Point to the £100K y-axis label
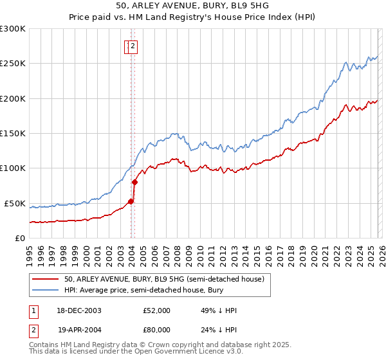click(14, 168)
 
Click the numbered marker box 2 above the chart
click(133, 46)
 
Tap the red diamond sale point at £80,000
click(135, 182)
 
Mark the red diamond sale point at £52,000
click(131, 201)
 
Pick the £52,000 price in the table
click(157, 310)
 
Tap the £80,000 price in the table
click(157, 330)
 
